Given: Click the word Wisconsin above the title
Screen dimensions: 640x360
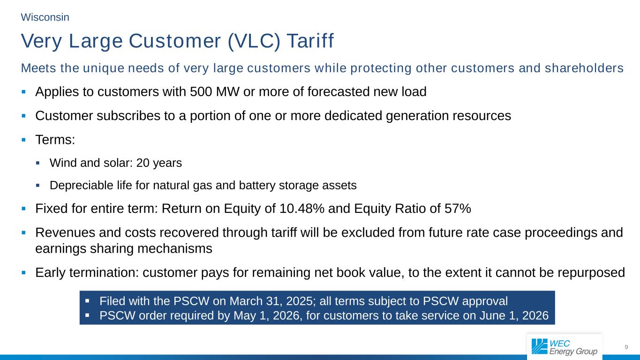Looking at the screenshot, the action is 45,17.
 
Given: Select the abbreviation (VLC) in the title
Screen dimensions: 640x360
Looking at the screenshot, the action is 254,41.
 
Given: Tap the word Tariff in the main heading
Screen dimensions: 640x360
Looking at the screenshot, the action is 310,41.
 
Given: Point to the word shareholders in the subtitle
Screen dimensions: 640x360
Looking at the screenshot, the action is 584,68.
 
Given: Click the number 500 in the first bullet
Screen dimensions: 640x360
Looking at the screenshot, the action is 201,92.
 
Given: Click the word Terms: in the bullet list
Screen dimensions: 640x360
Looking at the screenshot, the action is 55,140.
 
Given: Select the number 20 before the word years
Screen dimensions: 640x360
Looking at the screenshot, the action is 143,163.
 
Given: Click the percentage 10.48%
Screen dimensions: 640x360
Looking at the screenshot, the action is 302,208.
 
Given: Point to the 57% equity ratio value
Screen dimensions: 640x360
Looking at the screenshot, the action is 458,208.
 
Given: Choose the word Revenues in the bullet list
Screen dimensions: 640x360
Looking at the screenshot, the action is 65,232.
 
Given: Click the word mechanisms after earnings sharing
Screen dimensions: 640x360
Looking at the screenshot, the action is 175,248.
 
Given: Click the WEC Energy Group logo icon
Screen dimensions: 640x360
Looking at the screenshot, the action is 539,346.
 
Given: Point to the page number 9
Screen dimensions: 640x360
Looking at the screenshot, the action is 626,347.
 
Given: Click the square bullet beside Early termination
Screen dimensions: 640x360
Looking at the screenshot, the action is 24,273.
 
